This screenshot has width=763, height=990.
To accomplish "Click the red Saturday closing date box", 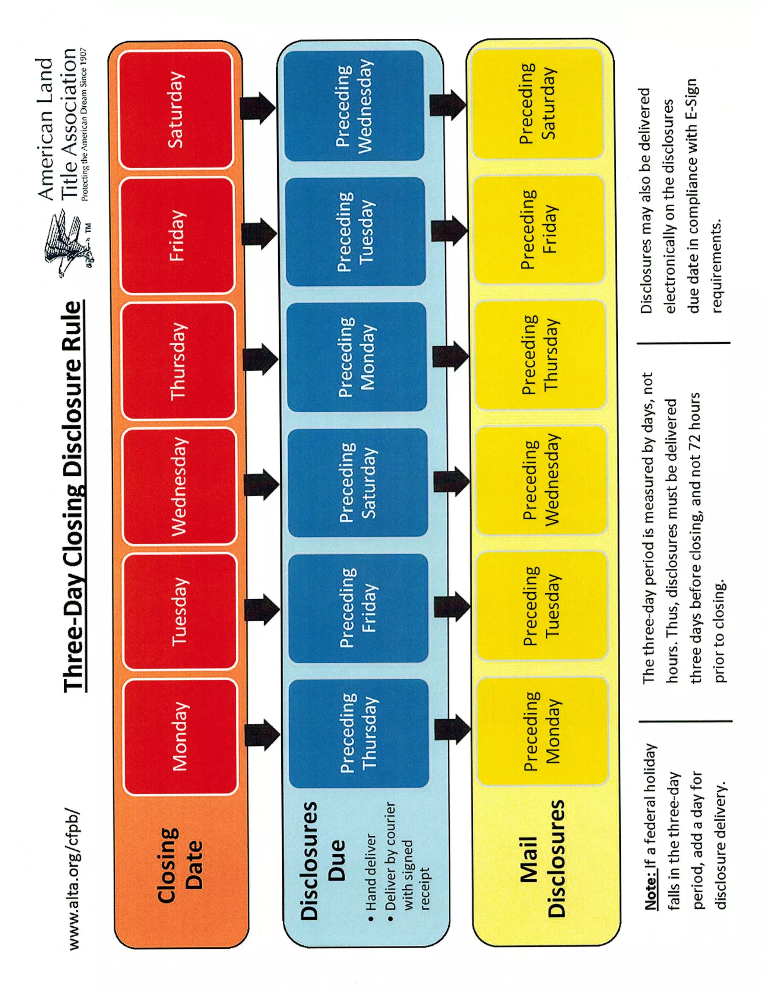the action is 176,110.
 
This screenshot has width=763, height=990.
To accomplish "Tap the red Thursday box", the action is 178,361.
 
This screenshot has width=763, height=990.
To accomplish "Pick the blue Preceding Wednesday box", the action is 354,106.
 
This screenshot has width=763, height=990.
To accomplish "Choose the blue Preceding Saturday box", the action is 358,482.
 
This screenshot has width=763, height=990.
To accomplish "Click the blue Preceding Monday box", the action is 356,357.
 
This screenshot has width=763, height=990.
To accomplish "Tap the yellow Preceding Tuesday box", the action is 542,605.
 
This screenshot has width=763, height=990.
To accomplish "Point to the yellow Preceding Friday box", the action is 539,229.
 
